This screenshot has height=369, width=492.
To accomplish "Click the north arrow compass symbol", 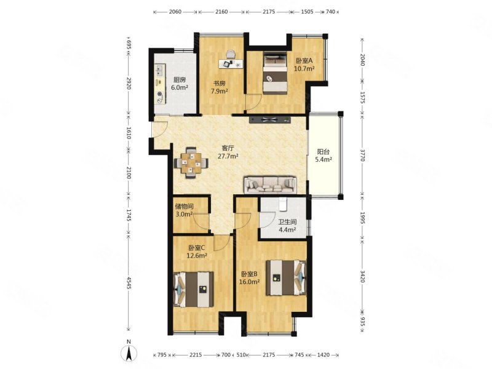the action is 129,351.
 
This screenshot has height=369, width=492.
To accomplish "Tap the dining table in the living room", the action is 191,162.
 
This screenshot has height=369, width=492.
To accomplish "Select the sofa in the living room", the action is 270,185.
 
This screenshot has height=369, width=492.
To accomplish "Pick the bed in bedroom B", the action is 286,278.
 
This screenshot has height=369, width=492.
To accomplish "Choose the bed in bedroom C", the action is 194,290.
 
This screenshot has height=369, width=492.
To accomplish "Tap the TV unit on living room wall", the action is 270,119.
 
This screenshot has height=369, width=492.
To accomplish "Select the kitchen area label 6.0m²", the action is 180,87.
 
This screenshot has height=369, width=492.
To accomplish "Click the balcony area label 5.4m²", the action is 323,159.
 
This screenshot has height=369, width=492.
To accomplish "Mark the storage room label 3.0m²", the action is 184,214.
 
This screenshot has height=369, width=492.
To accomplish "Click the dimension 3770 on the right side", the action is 362,156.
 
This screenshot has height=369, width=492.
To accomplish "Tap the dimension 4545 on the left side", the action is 129,282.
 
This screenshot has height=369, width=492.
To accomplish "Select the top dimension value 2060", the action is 175,12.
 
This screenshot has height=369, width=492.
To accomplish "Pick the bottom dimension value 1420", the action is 323,355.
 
